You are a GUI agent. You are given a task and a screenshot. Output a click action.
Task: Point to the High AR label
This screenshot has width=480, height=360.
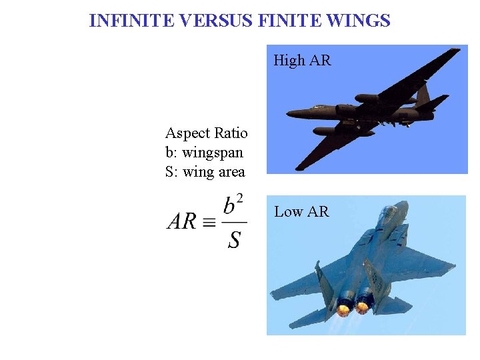pyautogui.click(x=302, y=61)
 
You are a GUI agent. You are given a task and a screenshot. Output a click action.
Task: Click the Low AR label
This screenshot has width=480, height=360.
pyautogui.click(x=301, y=212)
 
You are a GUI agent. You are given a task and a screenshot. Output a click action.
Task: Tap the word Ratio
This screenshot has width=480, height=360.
pyautogui.click(x=231, y=133)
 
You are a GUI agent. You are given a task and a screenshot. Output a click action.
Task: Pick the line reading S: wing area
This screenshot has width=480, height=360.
pyautogui.click(x=205, y=171)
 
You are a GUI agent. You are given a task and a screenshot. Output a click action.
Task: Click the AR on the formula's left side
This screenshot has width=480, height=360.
pyautogui.click(x=181, y=221)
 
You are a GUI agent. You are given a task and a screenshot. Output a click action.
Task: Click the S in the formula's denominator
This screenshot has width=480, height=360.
pyautogui.click(x=234, y=239)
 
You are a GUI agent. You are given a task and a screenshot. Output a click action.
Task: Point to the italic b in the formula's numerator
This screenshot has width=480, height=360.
pyautogui.click(x=229, y=205)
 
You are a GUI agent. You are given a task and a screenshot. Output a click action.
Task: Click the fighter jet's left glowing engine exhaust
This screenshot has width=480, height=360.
pyautogui.click(x=344, y=309)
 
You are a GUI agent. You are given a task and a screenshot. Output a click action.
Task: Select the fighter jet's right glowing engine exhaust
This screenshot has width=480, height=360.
pyautogui.click(x=363, y=306)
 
